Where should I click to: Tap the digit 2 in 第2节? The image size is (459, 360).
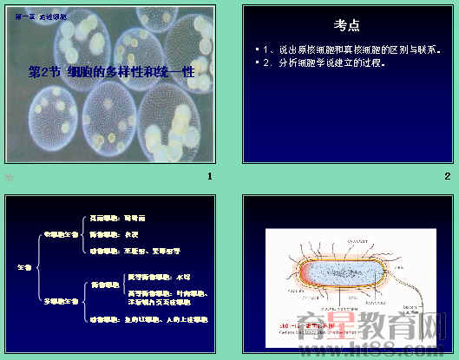(42, 73)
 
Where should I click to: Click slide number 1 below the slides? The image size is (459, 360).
(209, 177)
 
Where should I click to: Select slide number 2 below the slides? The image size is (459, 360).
(447, 177)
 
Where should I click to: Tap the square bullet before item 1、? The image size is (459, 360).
(256, 51)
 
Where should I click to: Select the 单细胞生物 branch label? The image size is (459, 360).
(61, 233)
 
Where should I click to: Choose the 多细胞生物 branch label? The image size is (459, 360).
(61, 300)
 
